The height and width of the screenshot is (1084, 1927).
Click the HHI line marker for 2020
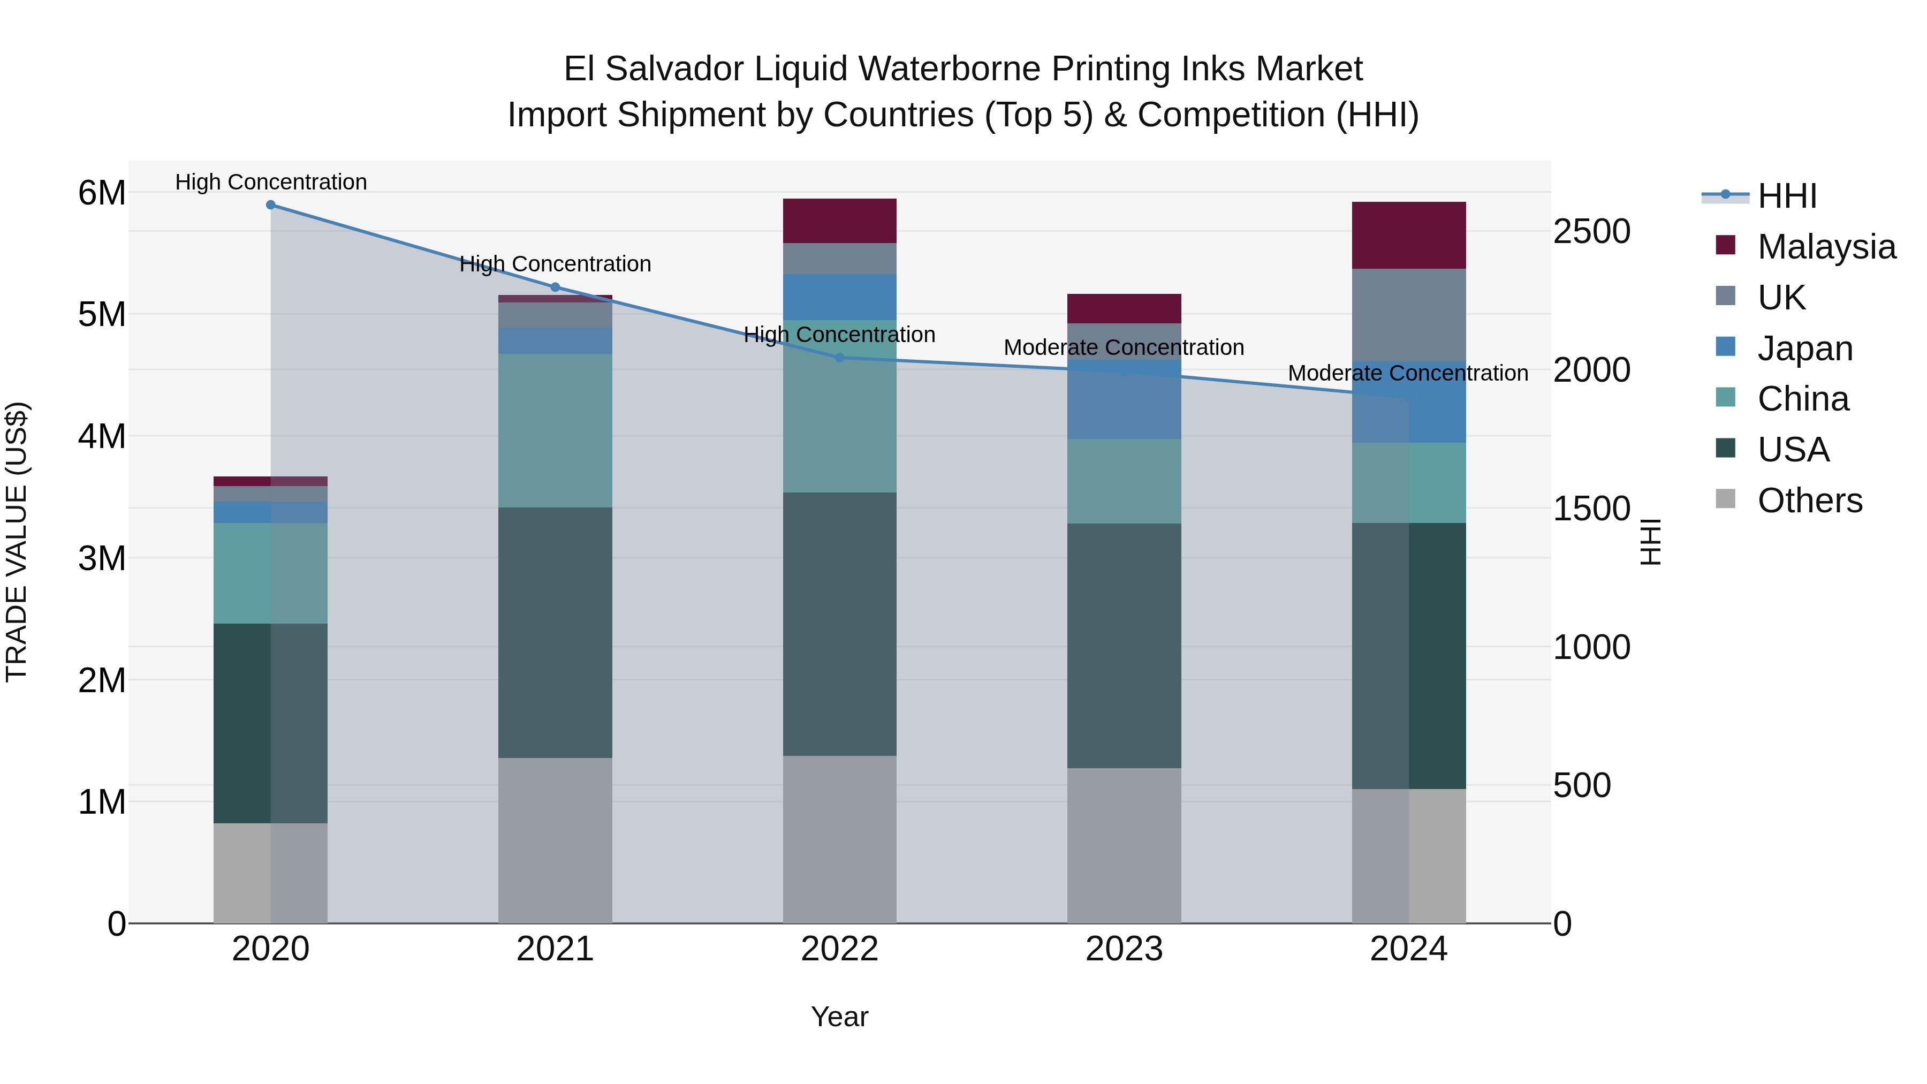tap(271, 205)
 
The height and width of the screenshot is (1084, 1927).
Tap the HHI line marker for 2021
tap(555, 287)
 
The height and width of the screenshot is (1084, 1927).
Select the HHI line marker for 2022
tap(839, 358)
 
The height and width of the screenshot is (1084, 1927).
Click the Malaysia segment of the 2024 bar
tap(1409, 235)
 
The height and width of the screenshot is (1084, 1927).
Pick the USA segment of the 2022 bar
tap(839, 624)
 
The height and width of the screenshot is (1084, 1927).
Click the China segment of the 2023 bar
tap(1124, 481)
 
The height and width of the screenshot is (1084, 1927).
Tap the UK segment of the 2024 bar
tap(1409, 315)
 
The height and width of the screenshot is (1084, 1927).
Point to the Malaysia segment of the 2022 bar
tap(839, 221)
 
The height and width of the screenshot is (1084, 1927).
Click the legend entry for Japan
tap(1804, 348)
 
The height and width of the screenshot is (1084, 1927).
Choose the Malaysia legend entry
tap(1825, 247)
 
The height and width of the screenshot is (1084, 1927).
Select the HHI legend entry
tap(1786, 196)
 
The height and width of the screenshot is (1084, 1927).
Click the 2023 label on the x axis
tap(1124, 949)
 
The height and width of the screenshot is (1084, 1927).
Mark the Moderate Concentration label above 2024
tap(1408, 373)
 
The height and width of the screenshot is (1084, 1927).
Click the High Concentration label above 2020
tap(271, 182)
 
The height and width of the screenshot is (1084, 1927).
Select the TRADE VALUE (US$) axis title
tap(17, 542)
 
